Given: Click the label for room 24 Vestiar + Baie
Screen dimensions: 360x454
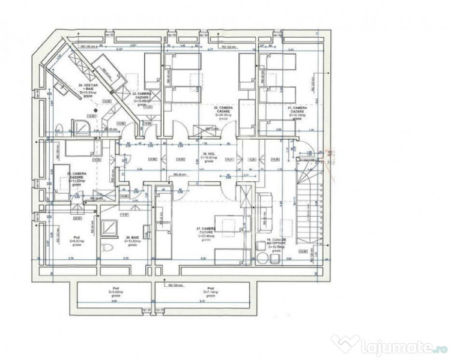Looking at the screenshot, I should click(90, 89).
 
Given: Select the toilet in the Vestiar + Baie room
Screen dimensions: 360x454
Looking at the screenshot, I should click(59, 127).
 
